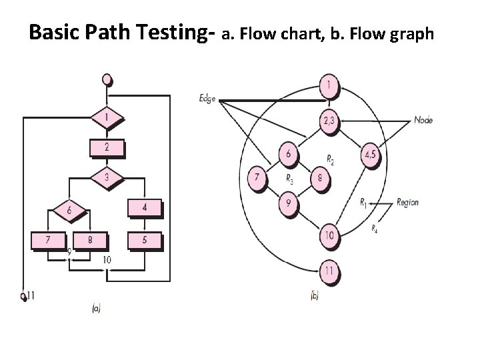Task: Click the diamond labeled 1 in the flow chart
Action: (107, 118)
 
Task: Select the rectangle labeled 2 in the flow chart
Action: (107, 148)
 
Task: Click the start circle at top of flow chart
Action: (107, 79)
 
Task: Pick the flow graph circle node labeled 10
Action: (329, 235)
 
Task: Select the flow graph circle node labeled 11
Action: (329, 271)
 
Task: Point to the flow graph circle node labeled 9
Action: (288, 203)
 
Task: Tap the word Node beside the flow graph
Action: (424, 120)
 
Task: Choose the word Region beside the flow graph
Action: (408, 201)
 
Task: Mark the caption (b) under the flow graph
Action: (315, 295)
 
